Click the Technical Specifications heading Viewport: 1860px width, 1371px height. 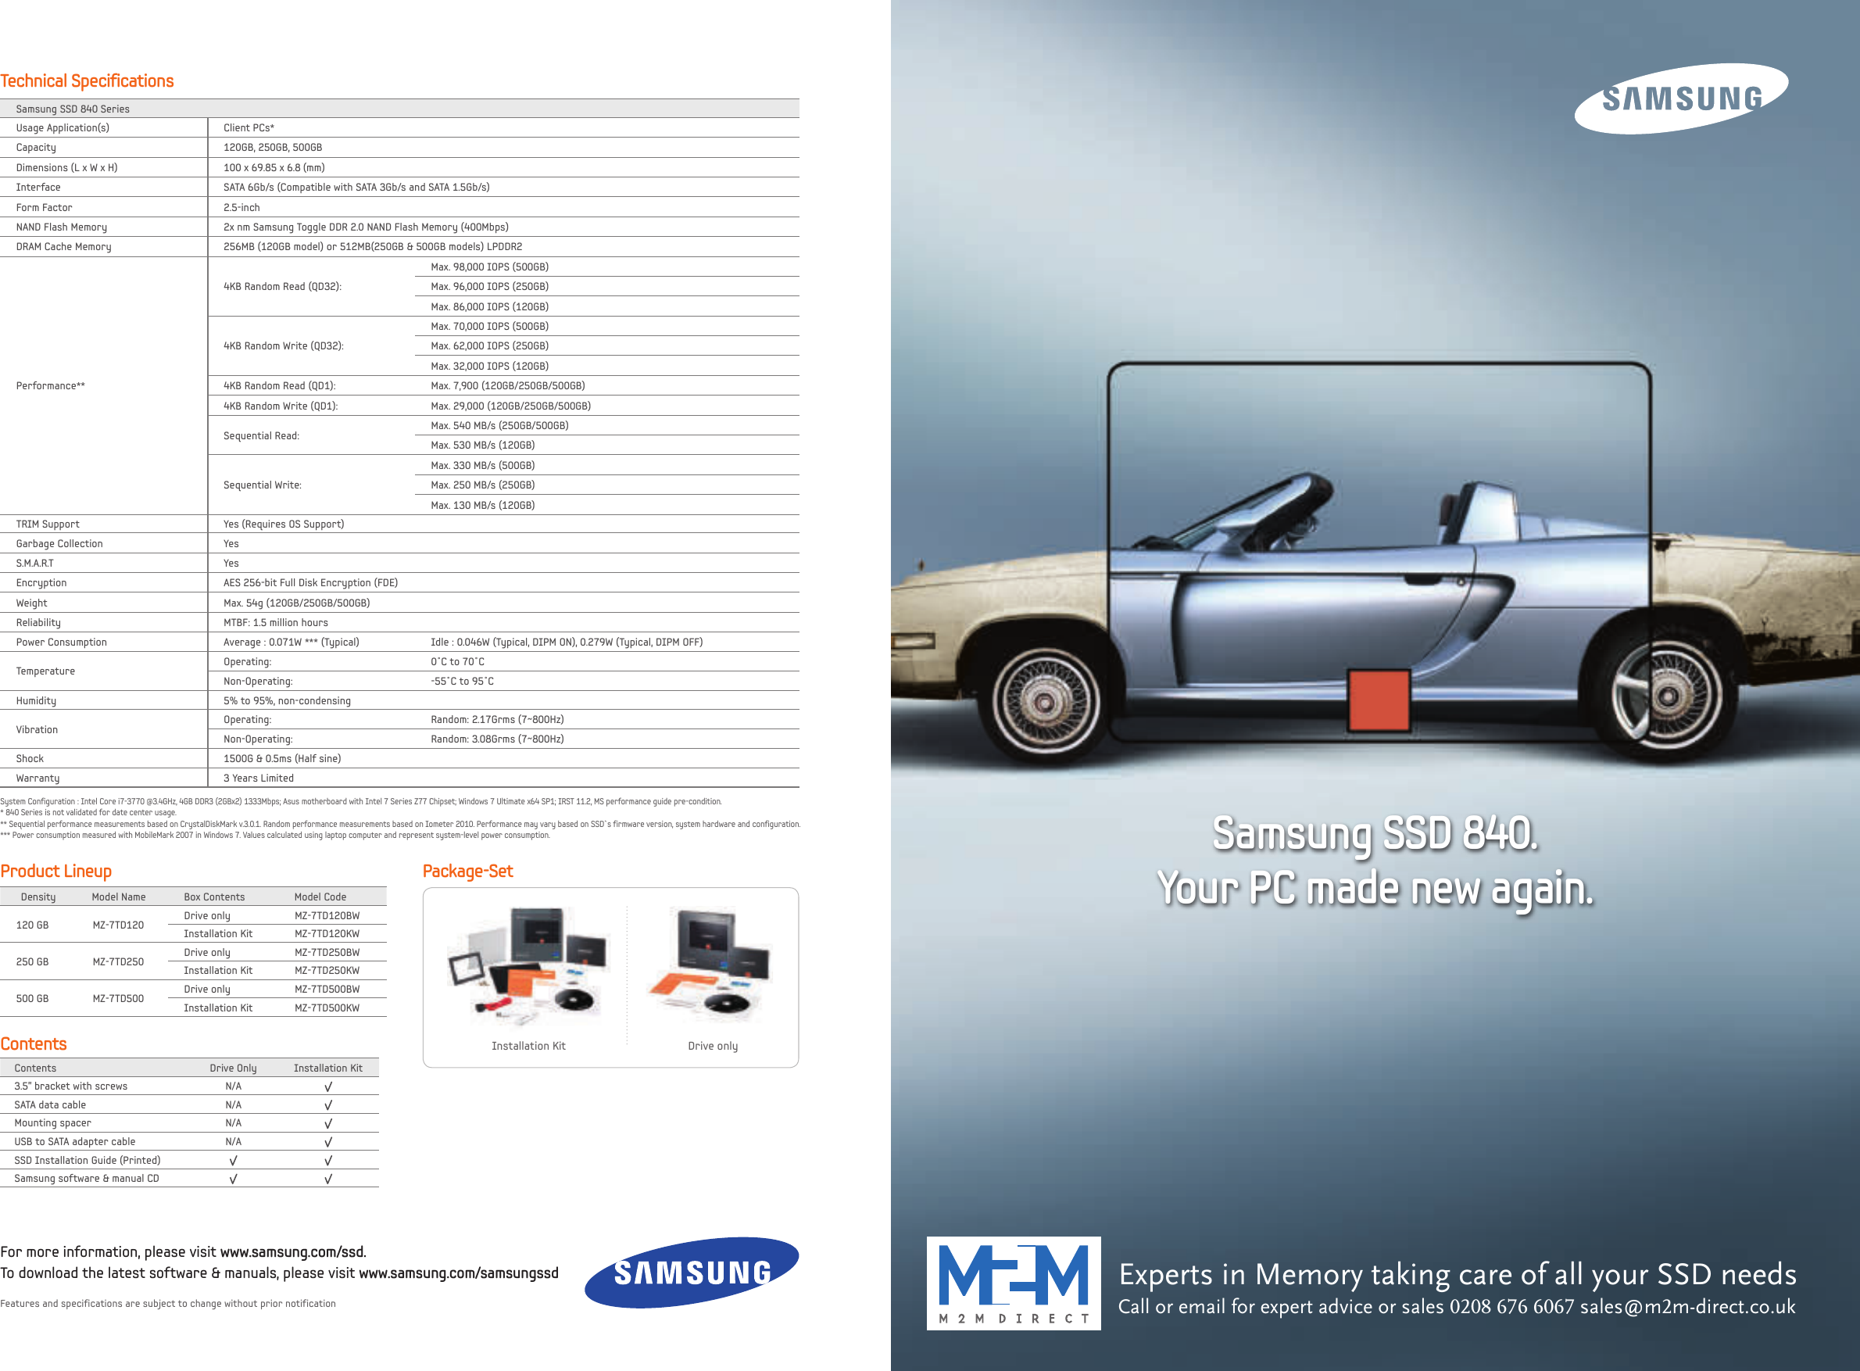tap(87, 81)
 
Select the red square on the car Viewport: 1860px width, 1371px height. tap(1379, 700)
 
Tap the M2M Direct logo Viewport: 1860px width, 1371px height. tap(1013, 1283)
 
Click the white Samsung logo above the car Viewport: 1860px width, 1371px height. tap(1681, 98)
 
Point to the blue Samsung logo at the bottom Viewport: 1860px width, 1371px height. tap(692, 1273)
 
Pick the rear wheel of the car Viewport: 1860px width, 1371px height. tap(1666, 696)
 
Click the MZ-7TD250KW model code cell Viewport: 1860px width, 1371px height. tap(327, 970)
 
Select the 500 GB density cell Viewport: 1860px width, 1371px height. tap(32, 998)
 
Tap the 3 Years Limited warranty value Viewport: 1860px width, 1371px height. tap(259, 778)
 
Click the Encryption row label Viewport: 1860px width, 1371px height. tap(41, 582)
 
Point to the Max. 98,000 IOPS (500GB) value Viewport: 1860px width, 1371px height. tap(489, 267)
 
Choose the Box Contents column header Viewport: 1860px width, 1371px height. tap(214, 897)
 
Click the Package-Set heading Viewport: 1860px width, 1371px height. tap(468, 871)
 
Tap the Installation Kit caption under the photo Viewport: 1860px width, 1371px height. tap(528, 1046)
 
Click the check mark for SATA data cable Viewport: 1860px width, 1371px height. tap(328, 1104)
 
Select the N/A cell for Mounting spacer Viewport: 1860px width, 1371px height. tap(233, 1123)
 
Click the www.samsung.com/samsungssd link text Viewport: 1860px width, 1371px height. tap(458, 1273)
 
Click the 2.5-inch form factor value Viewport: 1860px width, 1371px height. tap(241, 207)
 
